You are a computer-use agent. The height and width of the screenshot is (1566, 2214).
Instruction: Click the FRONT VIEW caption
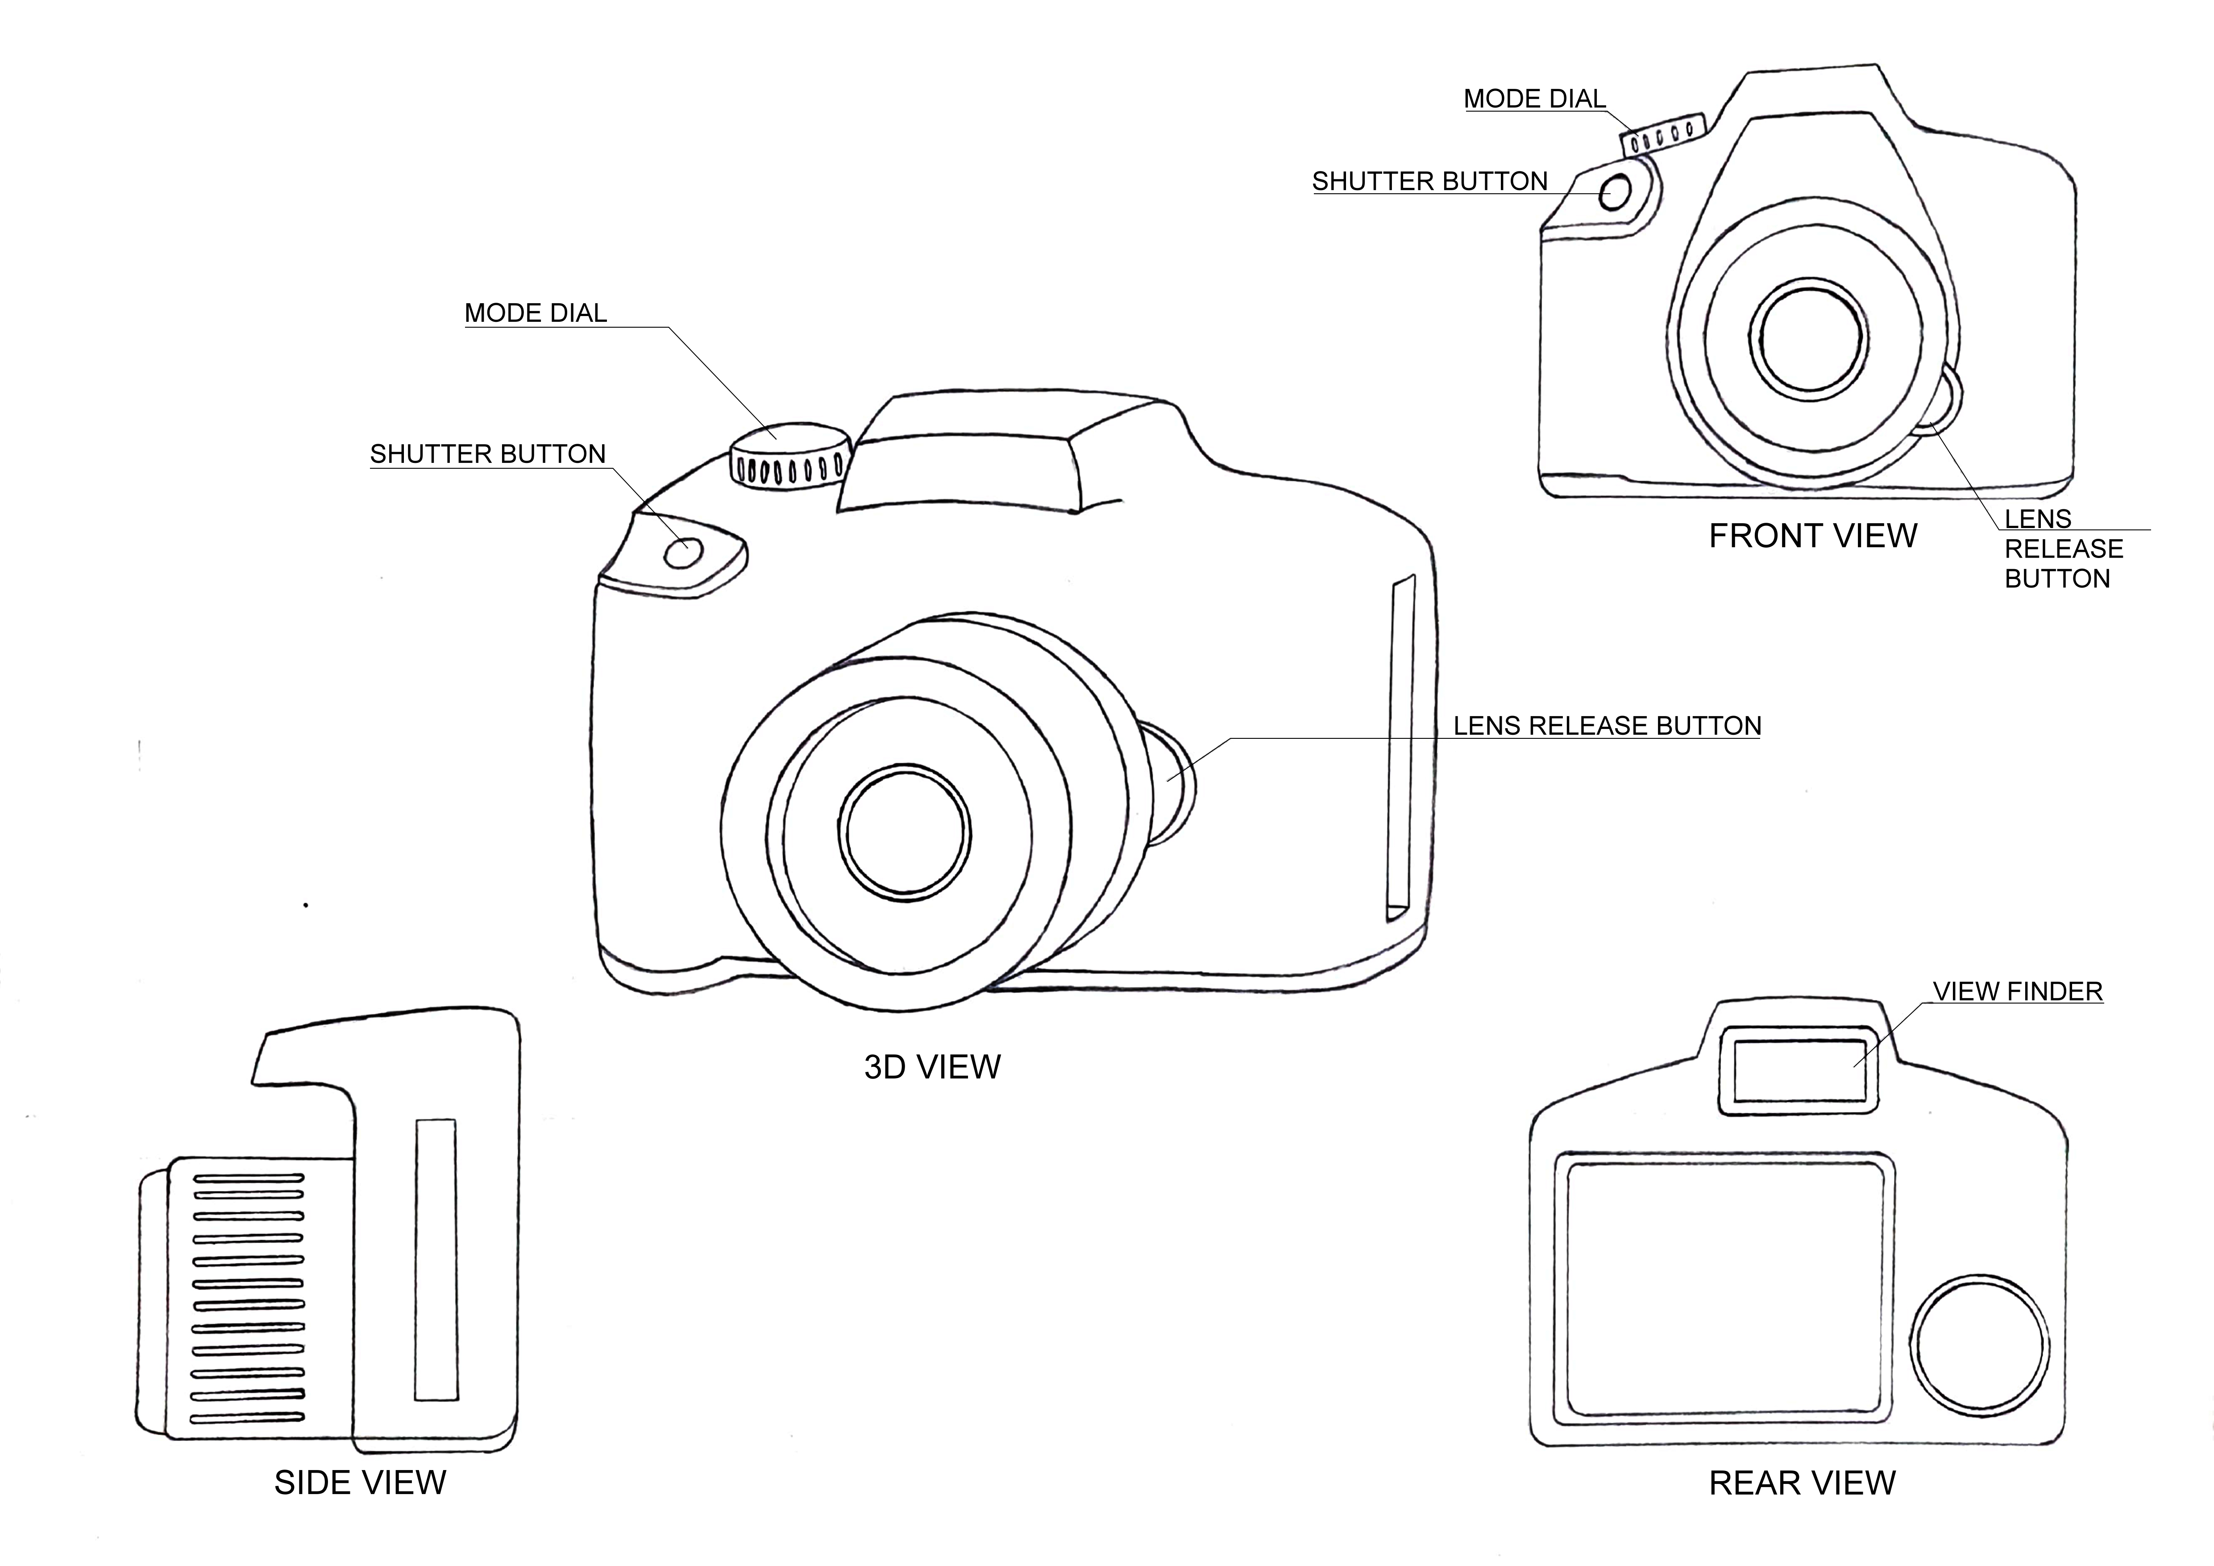[1813, 536]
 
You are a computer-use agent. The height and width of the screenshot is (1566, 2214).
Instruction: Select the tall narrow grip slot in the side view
[436, 1259]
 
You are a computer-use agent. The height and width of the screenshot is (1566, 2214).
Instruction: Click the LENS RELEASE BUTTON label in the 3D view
[1607, 726]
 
